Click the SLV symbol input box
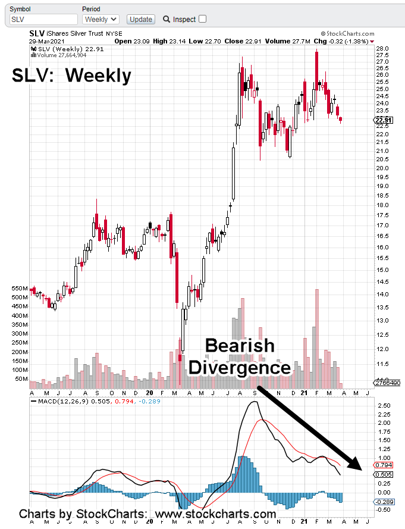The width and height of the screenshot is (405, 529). tap(43, 19)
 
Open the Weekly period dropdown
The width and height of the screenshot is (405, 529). tap(101, 19)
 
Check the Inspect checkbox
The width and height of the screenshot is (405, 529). tap(202, 19)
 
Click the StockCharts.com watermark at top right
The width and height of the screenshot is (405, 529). tap(348, 35)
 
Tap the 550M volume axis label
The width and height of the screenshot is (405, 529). tap(20, 288)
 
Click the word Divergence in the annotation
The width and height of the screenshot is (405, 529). tap(240, 367)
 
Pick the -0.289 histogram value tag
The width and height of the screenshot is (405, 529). tap(382, 502)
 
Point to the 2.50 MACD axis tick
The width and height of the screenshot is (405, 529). tap(383, 405)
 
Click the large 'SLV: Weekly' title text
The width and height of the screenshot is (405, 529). tap(72, 76)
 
